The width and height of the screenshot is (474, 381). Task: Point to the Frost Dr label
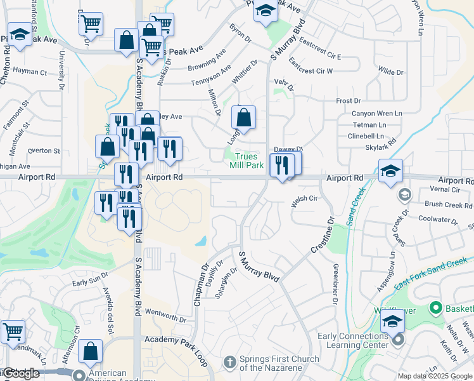348,101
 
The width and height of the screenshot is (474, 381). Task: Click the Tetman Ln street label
369,124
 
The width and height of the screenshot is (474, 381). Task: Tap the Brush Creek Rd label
449,205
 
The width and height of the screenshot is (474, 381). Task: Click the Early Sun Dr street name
90,279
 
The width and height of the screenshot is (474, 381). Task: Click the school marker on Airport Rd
391,170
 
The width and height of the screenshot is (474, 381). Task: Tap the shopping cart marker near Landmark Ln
13,331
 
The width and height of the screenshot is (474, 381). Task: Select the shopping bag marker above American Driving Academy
91,351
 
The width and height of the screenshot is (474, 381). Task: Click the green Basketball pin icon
435,309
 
